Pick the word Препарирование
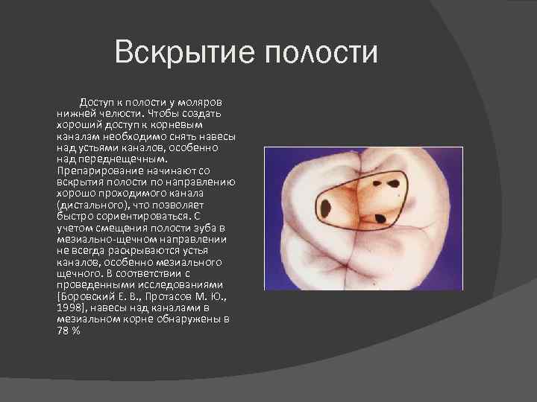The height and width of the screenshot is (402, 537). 98,170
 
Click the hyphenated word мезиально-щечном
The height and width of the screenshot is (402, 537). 102,239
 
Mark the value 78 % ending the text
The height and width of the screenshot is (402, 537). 68,331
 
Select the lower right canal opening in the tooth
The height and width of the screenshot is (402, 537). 379,218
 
